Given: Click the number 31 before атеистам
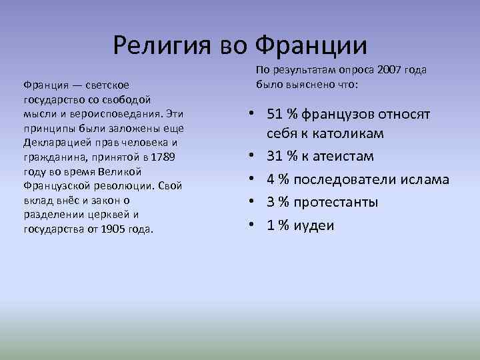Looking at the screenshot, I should pyautogui.click(x=275, y=157).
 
